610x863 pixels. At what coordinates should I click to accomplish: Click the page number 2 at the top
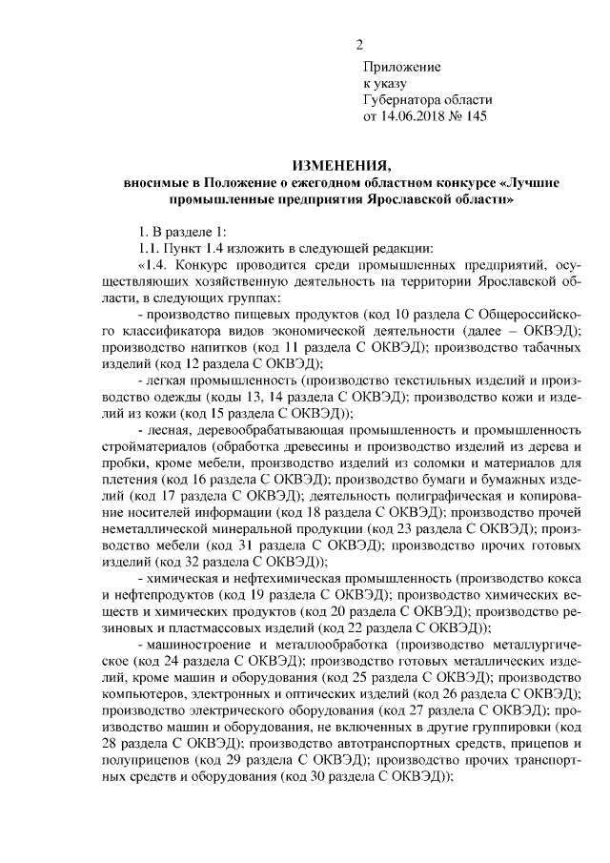click(x=360, y=44)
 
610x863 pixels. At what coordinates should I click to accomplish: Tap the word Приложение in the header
click(x=401, y=67)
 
